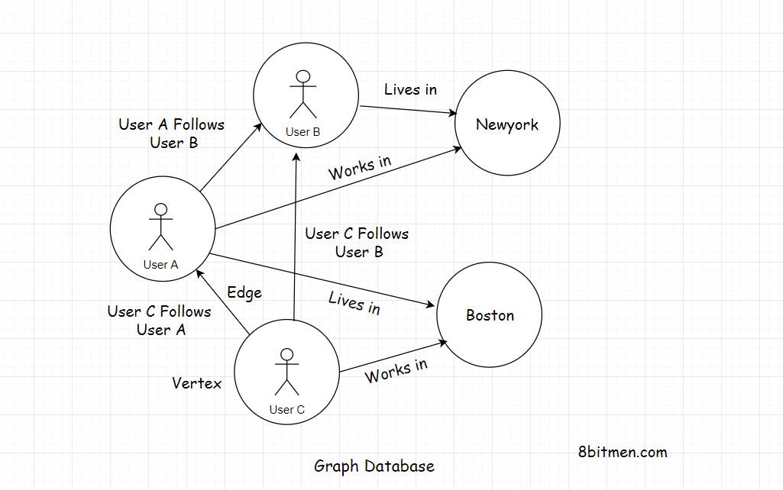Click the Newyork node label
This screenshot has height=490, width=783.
506,124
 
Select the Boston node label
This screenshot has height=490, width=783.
490,315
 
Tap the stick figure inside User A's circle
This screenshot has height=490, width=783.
160,227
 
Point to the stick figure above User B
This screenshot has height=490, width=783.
303,93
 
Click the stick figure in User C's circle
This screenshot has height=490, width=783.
286,372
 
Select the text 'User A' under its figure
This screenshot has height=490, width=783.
160,265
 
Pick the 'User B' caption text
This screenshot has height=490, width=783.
303,132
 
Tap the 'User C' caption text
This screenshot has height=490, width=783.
286,410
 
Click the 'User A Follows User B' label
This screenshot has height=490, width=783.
172,134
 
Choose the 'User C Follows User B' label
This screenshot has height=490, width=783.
357,242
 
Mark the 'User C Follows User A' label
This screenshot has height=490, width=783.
160,321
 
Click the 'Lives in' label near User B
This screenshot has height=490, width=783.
410,89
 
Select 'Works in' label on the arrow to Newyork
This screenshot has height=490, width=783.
360,168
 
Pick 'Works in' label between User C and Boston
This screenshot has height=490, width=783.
396,371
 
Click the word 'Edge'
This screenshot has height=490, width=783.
244,292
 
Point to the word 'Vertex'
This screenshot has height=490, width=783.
196,383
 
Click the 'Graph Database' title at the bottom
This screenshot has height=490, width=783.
374,466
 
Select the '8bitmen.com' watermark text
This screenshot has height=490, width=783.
623,452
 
